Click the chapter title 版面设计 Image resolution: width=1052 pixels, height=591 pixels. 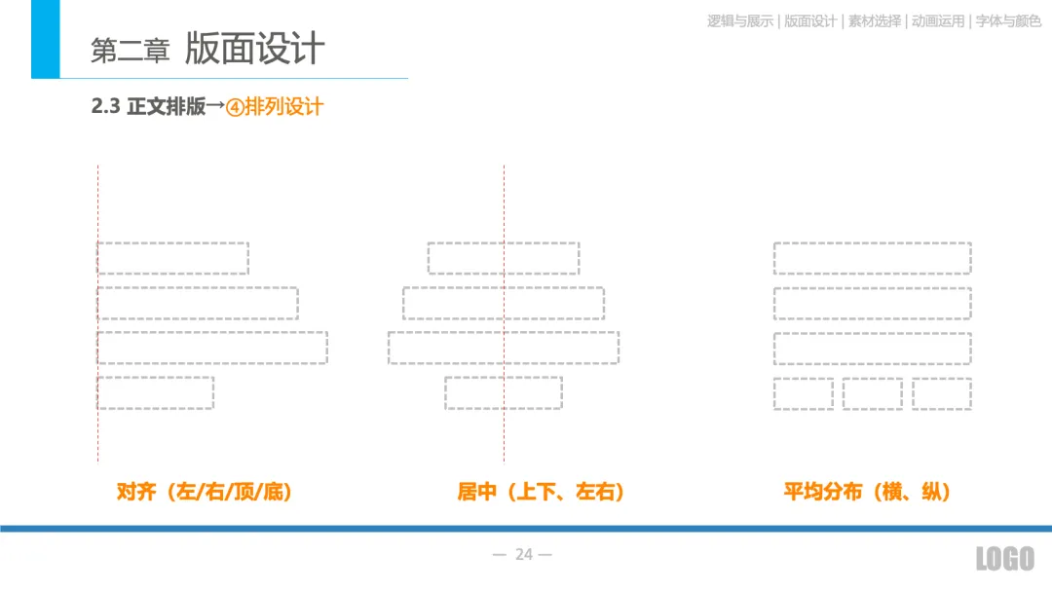click(x=254, y=49)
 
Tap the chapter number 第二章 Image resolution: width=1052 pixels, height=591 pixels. click(x=130, y=52)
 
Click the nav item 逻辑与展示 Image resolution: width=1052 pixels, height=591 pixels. click(x=740, y=20)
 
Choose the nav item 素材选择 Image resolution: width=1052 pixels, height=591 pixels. click(x=875, y=20)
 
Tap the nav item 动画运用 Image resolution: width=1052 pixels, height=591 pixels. click(x=938, y=20)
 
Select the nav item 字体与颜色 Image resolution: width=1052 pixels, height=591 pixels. click(x=1008, y=20)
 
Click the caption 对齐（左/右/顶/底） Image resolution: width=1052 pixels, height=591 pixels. click(x=205, y=492)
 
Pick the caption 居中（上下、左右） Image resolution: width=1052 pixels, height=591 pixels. click(x=542, y=492)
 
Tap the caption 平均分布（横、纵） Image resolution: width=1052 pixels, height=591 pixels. click(x=867, y=492)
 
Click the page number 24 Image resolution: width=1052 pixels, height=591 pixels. click(x=524, y=555)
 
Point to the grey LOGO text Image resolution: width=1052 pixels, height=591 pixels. click(x=1004, y=559)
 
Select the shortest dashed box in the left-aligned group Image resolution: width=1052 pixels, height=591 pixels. click(x=156, y=392)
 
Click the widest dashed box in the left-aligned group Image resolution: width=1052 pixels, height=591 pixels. click(x=212, y=348)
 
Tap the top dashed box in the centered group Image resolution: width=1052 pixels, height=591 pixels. click(x=504, y=258)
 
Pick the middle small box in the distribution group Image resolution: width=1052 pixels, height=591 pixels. click(x=872, y=393)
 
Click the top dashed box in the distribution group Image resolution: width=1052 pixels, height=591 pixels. click(x=872, y=258)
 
